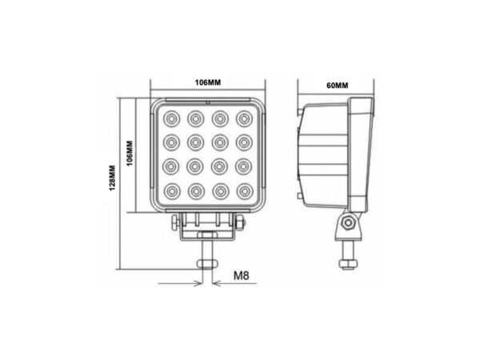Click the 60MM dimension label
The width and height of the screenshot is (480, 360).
click(337, 85)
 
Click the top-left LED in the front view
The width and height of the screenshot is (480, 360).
click(170, 118)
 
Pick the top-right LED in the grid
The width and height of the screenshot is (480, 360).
click(244, 118)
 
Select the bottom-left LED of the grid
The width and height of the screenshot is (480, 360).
click(170, 192)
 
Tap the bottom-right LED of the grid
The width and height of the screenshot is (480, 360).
click(244, 192)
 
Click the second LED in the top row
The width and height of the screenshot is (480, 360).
click(194, 118)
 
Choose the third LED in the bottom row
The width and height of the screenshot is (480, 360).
click(220, 192)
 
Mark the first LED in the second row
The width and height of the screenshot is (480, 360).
click(170, 142)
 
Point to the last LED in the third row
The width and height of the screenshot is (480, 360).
click(244, 167)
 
